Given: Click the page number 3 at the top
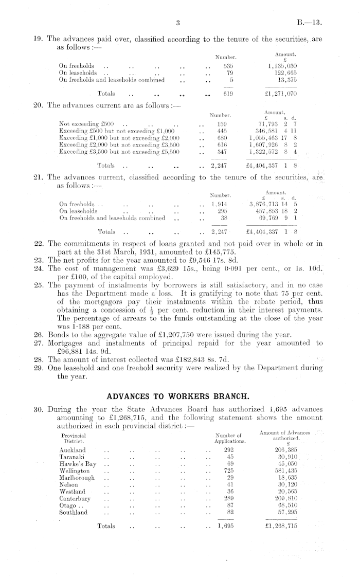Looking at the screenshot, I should (176, 23).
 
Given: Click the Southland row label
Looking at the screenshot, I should (74, 512).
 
